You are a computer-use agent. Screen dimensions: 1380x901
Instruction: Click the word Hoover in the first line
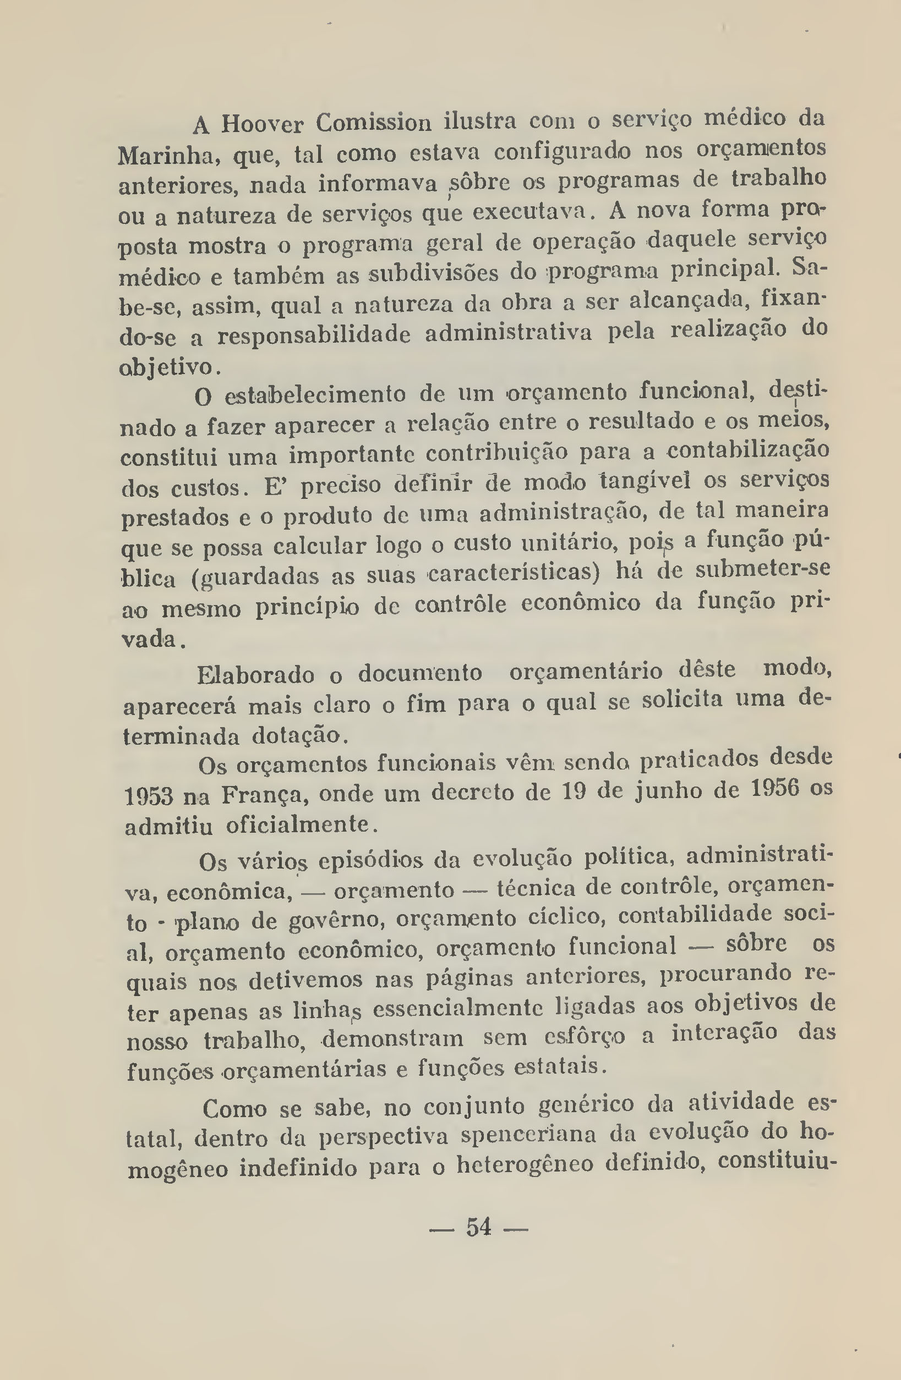tap(262, 124)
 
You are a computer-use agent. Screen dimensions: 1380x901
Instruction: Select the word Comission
tap(374, 122)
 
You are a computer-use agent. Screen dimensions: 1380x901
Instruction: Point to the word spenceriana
tap(528, 1134)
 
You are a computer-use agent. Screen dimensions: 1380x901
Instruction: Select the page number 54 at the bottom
tap(479, 1227)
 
